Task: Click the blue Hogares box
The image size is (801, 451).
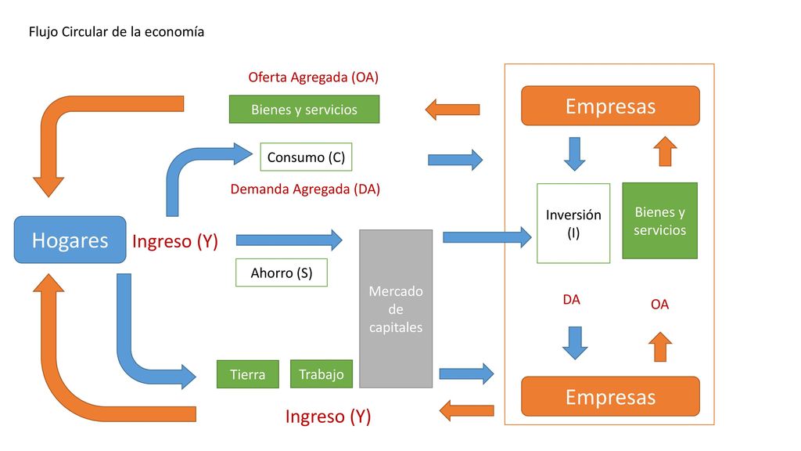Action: point(70,240)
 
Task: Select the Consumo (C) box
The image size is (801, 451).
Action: point(306,157)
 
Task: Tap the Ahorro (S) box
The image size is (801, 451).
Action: point(282,272)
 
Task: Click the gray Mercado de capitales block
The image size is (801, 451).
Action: point(396,308)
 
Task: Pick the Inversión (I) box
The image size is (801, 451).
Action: point(573,223)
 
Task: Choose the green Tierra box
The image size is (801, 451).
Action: point(248,374)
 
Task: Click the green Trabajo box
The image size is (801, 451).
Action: point(321,374)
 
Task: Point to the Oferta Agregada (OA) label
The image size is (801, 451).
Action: point(313,78)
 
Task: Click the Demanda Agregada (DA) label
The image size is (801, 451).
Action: point(305,189)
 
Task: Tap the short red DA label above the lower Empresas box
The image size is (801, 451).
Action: point(571,300)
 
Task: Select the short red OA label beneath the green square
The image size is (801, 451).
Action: point(659,305)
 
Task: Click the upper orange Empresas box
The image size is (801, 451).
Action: point(610,106)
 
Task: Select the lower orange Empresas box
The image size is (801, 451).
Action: point(610,396)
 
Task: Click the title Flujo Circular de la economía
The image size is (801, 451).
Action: point(117,31)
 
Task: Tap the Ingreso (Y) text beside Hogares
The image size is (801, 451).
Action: point(175,241)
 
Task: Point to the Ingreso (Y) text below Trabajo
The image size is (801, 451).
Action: point(328,417)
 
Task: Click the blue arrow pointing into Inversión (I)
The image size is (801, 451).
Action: point(487,237)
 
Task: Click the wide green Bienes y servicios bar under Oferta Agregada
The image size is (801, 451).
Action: point(304,109)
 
